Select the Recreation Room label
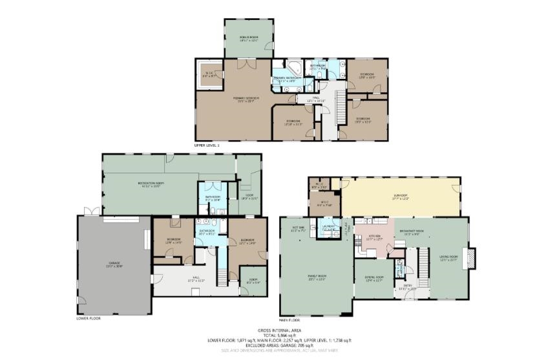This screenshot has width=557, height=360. (150, 184)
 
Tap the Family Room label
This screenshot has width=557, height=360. (317, 277)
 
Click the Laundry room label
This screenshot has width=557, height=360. (328, 227)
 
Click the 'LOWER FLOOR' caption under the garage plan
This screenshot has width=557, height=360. (89, 318)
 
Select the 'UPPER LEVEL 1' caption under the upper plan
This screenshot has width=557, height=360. (207, 146)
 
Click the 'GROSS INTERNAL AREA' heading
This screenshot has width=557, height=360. (278, 330)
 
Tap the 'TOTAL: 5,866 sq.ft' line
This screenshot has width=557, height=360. (278, 335)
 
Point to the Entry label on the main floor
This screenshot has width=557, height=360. (408, 287)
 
